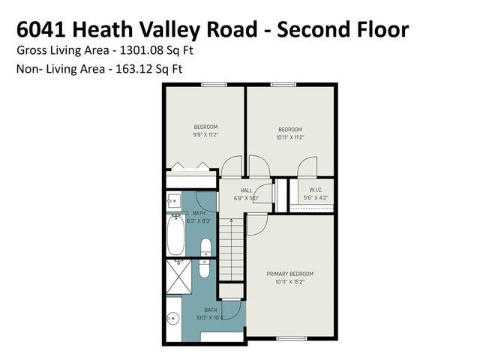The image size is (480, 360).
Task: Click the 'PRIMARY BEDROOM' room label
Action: (289, 273)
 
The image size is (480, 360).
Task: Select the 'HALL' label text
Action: (246, 190)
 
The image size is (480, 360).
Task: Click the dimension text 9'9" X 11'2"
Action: (206, 136)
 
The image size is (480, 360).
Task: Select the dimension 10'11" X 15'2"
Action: (289, 282)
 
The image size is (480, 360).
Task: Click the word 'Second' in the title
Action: (310, 29)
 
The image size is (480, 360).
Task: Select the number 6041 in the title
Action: (40, 29)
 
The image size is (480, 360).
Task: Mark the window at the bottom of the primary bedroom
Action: (290, 339)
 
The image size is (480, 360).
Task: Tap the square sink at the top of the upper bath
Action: (173, 200)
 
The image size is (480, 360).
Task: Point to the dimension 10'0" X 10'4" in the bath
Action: (211, 318)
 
